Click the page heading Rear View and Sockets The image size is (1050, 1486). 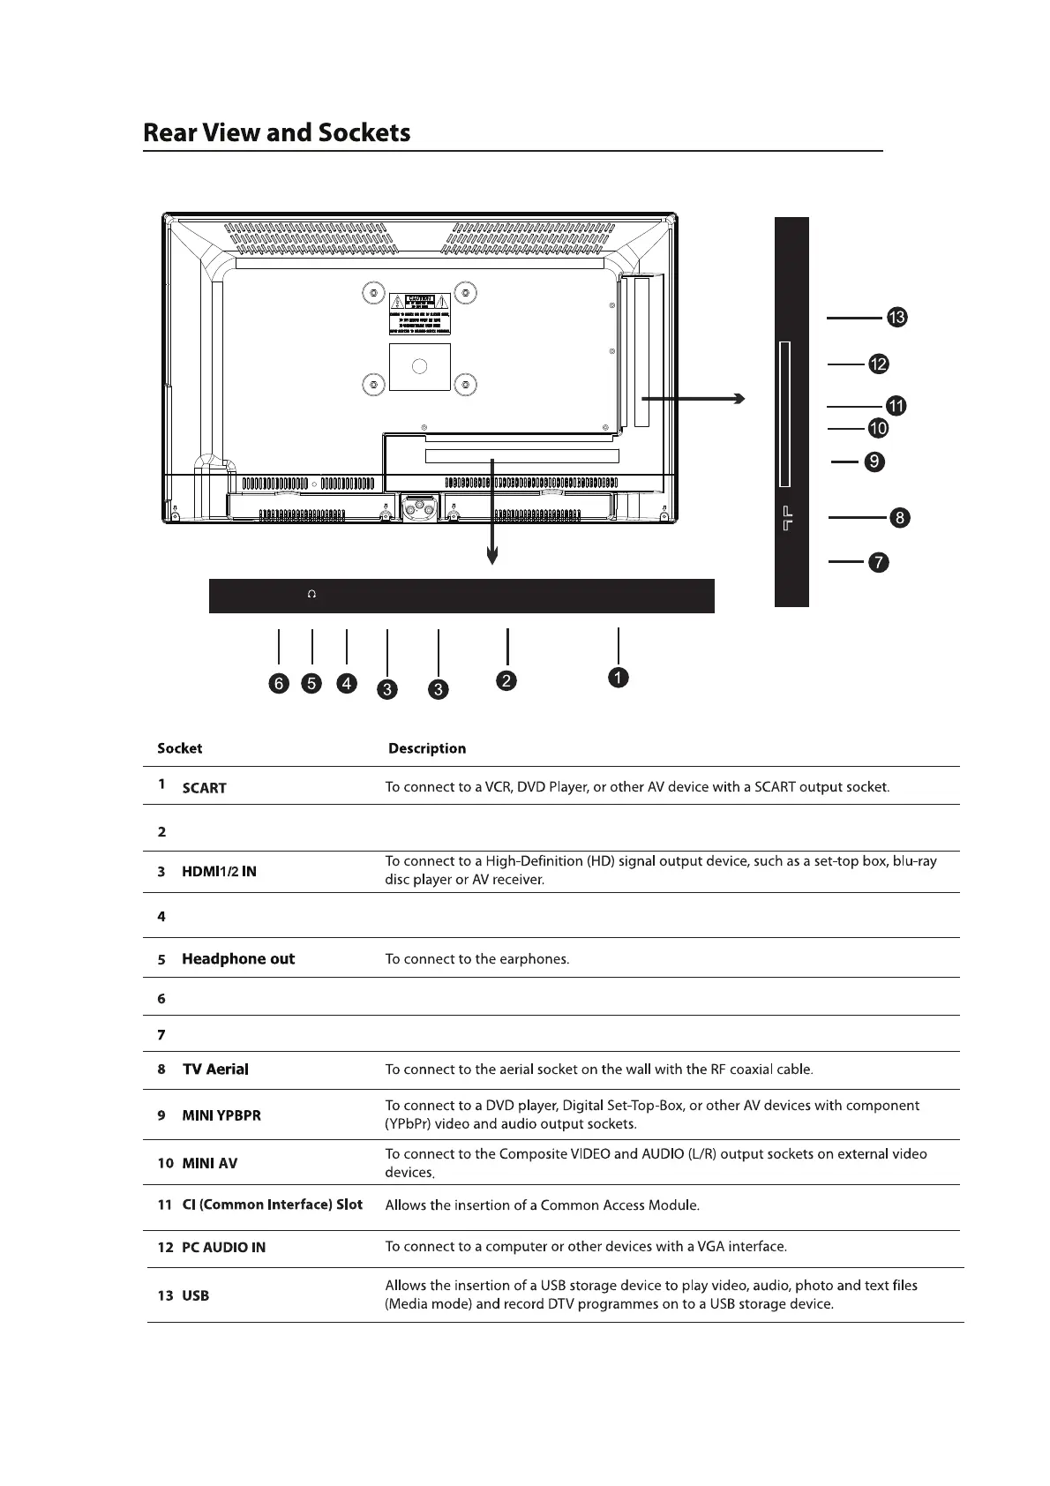pyautogui.click(x=276, y=133)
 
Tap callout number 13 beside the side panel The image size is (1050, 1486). pyautogui.click(x=896, y=318)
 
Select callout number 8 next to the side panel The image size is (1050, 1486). pyautogui.click(x=898, y=517)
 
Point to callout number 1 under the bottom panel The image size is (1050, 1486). pyautogui.click(x=619, y=678)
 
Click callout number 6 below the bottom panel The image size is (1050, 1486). pyautogui.click(x=279, y=684)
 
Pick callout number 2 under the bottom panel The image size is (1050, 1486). pyautogui.click(x=506, y=680)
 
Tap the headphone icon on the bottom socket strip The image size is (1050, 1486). pyautogui.click(x=311, y=595)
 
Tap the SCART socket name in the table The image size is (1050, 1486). pyautogui.click(x=204, y=788)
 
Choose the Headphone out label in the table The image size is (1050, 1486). pyautogui.click(x=238, y=959)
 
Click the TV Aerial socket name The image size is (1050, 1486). pyautogui.click(x=215, y=1069)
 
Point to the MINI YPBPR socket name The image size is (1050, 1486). pyautogui.click(x=221, y=1115)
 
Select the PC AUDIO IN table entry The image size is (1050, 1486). pyautogui.click(x=223, y=1248)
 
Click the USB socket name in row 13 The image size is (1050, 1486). pyautogui.click(x=195, y=1296)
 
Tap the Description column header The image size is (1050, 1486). pyautogui.click(x=427, y=749)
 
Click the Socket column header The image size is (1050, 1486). pyautogui.click(x=179, y=749)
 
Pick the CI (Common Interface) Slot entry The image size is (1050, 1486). pyautogui.click(x=272, y=1205)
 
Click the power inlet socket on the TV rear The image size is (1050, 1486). pyautogui.click(x=419, y=509)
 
